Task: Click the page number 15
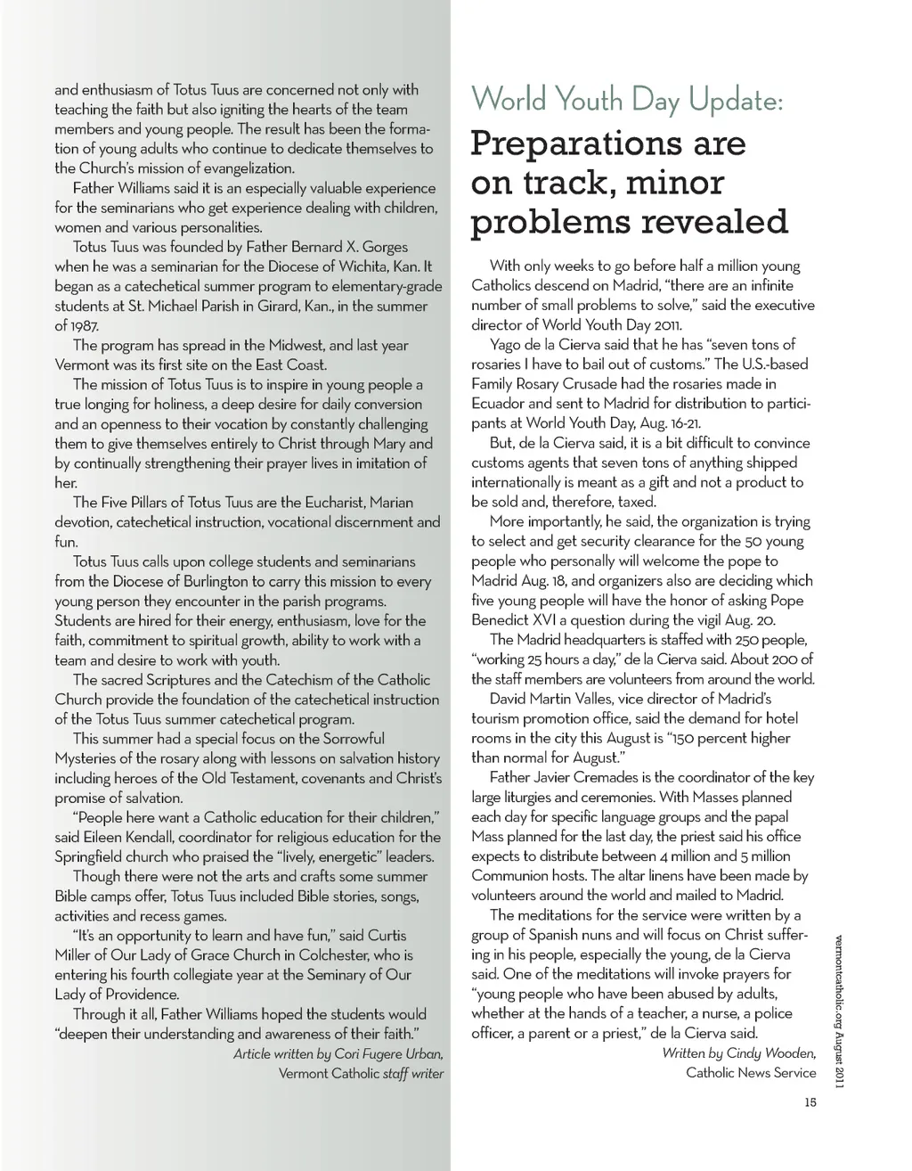pyautogui.click(x=810, y=1102)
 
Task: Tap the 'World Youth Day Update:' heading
pyautogui.click(x=627, y=100)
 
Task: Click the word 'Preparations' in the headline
pyautogui.click(x=608, y=143)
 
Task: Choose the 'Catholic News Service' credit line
pyautogui.click(x=751, y=1073)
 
